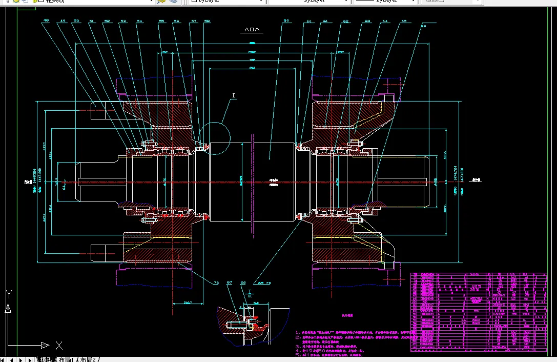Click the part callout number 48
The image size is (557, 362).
[x=46, y=21]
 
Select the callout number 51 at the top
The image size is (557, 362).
[x=92, y=21]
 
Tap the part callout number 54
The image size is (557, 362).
[x=140, y=21]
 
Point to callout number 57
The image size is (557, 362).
[x=194, y=21]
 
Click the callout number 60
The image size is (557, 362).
[x=309, y=21]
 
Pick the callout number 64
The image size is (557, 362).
[x=385, y=21]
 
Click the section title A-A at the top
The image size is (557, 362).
[x=252, y=30]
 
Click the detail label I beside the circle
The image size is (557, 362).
[x=234, y=95]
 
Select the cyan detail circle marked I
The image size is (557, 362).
[x=215, y=137]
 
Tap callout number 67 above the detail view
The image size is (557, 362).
[x=229, y=283]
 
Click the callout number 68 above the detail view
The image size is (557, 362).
[x=243, y=283]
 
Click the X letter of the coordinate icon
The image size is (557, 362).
[x=59, y=345]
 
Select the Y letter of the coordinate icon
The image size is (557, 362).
[x=8, y=294]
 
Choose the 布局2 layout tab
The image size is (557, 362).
[x=89, y=359]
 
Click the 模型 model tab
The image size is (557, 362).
[x=46, y=359]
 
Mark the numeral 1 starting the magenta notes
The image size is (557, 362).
[x=297, y=333]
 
